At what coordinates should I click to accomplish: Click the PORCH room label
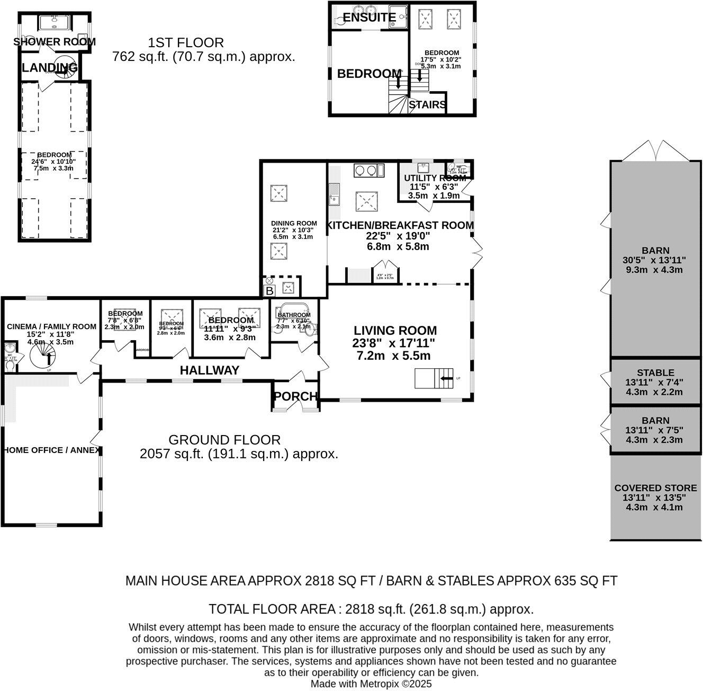tap(295, 396)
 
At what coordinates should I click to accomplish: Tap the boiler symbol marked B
tap(269, 291)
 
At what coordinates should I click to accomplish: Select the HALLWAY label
tap(210, 370)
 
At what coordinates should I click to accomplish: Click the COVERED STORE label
tap(655, 488)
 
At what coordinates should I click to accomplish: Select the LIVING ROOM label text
tap(395, 331)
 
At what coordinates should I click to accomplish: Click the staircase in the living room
tap(434, 378)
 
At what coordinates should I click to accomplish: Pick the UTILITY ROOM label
tap(434, 178)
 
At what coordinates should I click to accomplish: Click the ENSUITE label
tap(369, 17)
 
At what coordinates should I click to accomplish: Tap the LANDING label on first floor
tap(50, 68)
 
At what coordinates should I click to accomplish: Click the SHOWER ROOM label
tap(55, 42)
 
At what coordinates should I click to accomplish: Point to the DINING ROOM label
tap(294, 223)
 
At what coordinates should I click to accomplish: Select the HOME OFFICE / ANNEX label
tap(51, 450)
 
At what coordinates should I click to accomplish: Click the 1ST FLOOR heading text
tap(185, 42)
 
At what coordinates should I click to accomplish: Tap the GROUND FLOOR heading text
tap(224, 439)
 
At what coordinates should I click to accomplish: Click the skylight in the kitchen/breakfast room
tap(365, 201)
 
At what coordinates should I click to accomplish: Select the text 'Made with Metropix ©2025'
tap(371, 684)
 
